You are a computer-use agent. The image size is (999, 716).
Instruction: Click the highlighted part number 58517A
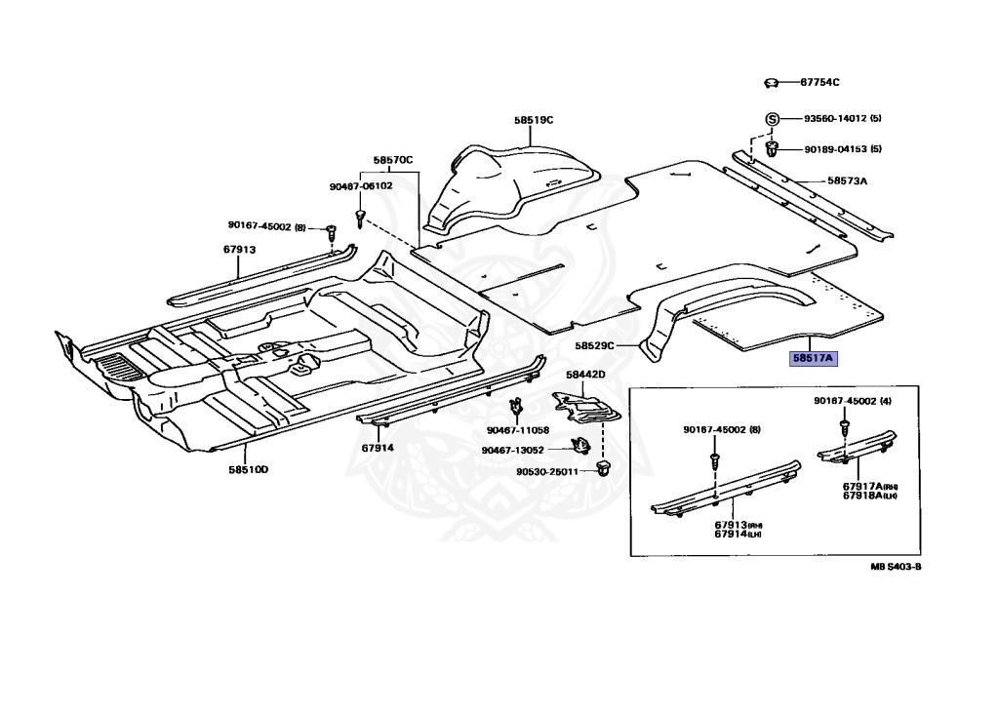pyautogui.click(x=814, y=358)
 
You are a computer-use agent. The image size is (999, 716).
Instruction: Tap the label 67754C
pyautogui.click(x=819, y=83)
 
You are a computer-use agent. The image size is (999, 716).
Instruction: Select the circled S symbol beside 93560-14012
pyautogui.click(x=771, y=119)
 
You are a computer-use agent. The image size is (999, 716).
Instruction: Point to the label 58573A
pyautogui.click(x=847, y=180)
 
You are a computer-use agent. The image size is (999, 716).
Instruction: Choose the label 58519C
pyautogui.click(x=534, y=120)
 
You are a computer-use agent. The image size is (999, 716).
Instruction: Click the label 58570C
pyautogui.click(x=393, y=159)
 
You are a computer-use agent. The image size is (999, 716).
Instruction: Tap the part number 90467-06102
pyautogui.click(x=360, y=185)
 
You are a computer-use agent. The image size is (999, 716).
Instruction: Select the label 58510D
pyautogui.click(x=249, y=470)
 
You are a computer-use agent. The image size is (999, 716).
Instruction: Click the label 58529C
pyautogui.click(x=594, y=345)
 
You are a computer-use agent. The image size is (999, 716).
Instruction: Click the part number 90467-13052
pyautogui.click(x=511, y=450)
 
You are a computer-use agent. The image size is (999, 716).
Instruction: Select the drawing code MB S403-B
pyautogui.click(x=896, y=566)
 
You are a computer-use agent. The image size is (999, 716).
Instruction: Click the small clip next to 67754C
pyautogui.click(x=771, y=83)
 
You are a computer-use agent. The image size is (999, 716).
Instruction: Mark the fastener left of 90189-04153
pyautogui.click(x=772, y=149)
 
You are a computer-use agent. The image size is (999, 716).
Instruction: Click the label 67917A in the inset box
pyautogui.click(x=864, y=486)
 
